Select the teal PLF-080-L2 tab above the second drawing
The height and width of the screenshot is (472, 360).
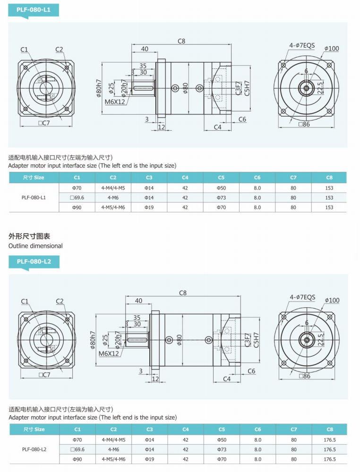[34, 261]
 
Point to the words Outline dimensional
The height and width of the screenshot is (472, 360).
[35, 246]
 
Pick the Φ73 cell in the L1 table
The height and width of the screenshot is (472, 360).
[221, 198]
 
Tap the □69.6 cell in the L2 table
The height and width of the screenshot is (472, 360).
[77, 449]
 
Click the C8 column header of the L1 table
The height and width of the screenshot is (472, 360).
[329, 177]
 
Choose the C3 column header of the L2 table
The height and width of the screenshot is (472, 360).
[149, 429]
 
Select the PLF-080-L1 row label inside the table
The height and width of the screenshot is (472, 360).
[34, 198]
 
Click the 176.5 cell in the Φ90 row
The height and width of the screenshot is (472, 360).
[329, 459]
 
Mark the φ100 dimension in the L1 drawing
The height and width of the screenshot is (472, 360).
[332, 49]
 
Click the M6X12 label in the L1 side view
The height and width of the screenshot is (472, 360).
[115, 101]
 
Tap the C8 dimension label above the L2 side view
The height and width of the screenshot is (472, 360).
[183, 293]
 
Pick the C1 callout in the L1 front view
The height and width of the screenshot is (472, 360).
[25, 50]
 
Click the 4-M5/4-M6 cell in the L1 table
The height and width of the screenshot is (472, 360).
[113, 207]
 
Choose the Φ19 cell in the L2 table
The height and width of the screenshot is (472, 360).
[149, 459]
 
